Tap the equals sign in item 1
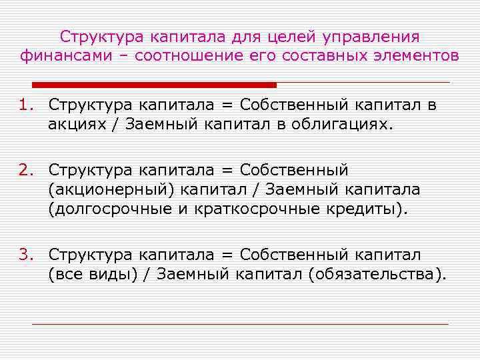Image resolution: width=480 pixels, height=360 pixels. [228, 105]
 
